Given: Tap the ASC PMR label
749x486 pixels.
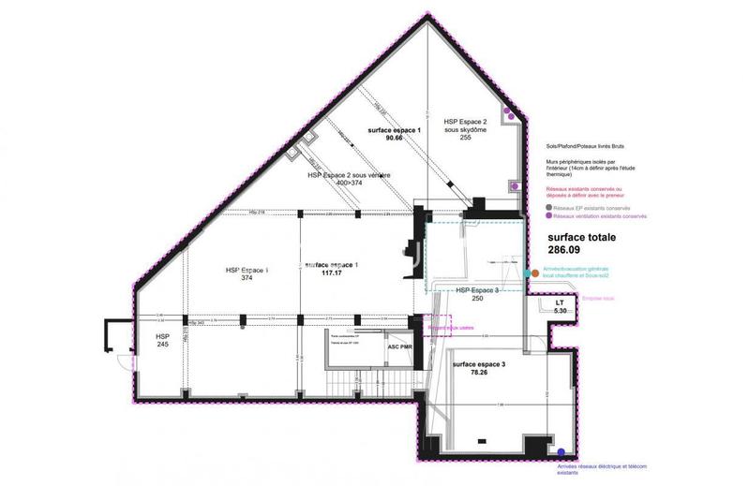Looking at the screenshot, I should (x=400, y=346).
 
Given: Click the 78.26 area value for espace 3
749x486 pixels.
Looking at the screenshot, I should (x=478, y=372).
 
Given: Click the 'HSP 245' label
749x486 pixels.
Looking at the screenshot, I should (x=162, y=340).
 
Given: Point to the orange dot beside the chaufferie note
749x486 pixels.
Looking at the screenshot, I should (x=534, y=273).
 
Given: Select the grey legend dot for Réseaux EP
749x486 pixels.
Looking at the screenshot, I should (x=549, y=208).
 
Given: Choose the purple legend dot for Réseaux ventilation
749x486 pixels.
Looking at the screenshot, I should (x=549, y=216).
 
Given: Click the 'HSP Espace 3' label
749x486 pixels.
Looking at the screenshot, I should (x=482, y=290).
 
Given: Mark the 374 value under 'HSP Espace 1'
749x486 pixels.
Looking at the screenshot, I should (x=247, y=278).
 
